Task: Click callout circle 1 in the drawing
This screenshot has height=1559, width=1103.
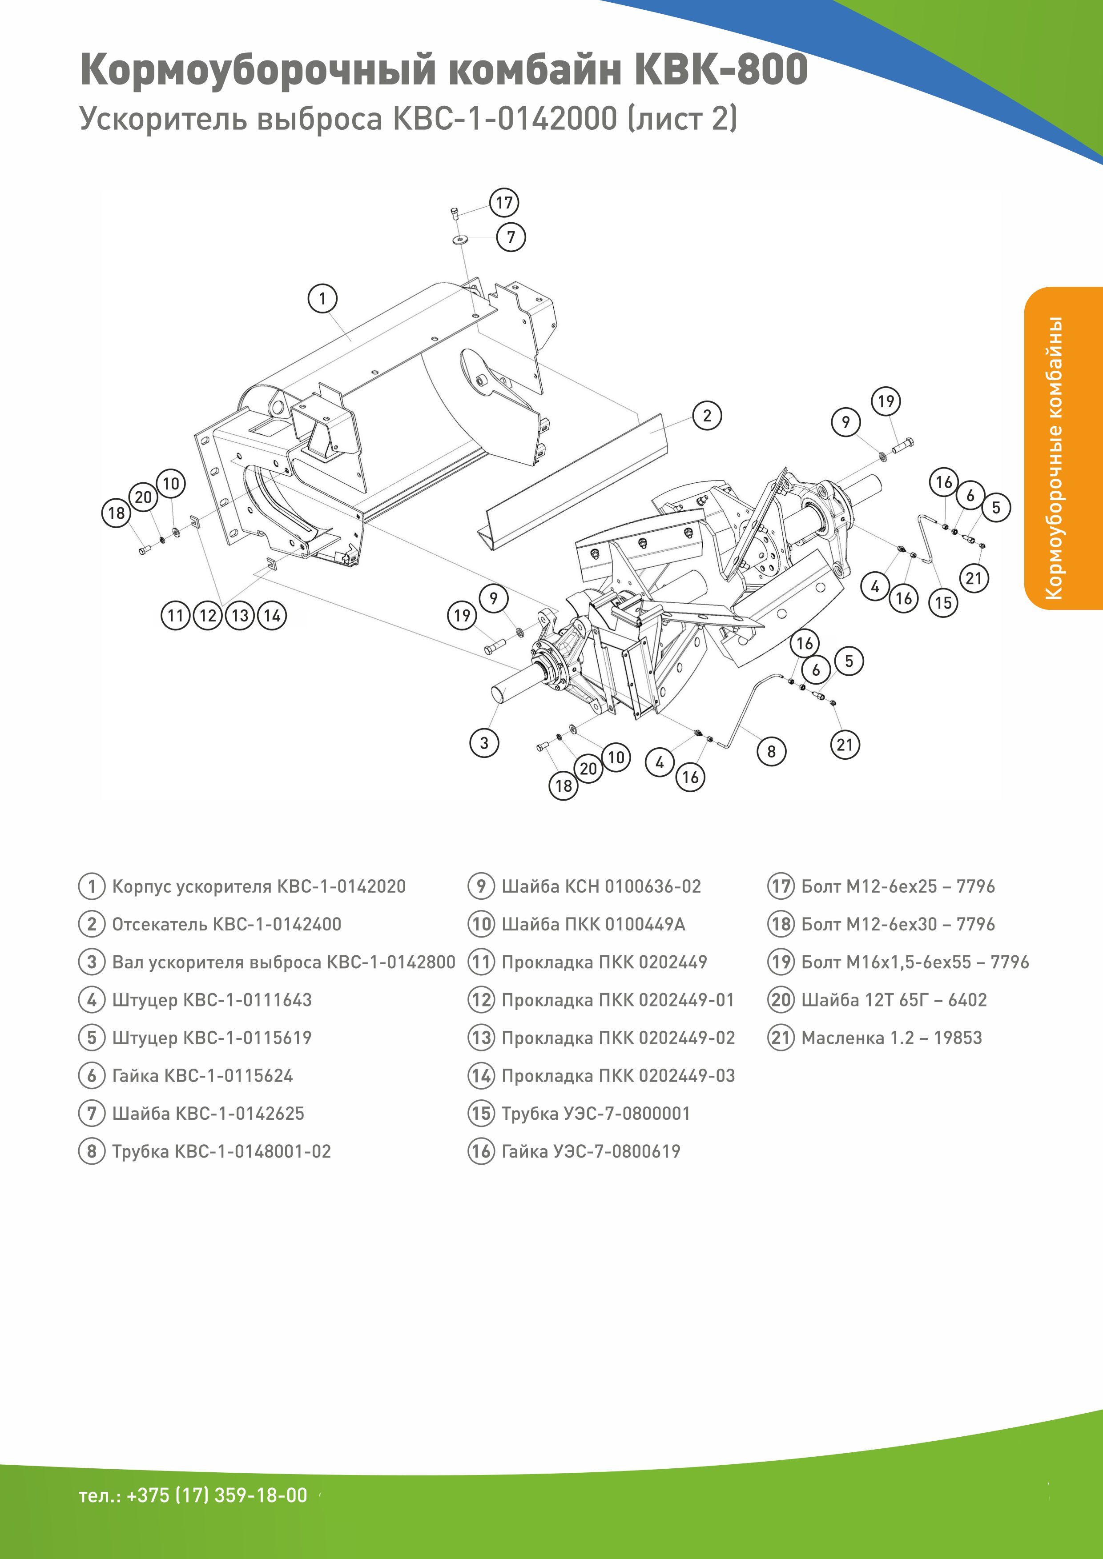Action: [322, 298]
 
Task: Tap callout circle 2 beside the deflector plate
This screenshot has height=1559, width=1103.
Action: [707, 416]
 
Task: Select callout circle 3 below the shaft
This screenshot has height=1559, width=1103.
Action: [483, 743]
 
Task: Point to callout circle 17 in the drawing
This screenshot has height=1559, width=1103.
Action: [504, 202]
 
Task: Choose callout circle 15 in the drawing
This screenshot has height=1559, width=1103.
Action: [943, 602]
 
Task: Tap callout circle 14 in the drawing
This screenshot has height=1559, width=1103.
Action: [272, 616]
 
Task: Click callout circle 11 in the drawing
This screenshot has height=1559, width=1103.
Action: [175, 616]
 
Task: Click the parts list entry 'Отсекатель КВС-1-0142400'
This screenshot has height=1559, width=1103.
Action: [226, 924]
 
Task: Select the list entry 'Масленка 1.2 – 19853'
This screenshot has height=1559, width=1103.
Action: [891, 1038]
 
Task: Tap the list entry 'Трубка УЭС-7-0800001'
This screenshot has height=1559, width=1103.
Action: [595, 1114]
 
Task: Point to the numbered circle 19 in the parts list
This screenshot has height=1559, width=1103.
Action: [781, 962]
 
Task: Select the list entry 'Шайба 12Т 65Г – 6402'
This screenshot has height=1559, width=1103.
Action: [894, 999]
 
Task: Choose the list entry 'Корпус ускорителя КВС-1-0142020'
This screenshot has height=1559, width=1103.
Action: [258, 886]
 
